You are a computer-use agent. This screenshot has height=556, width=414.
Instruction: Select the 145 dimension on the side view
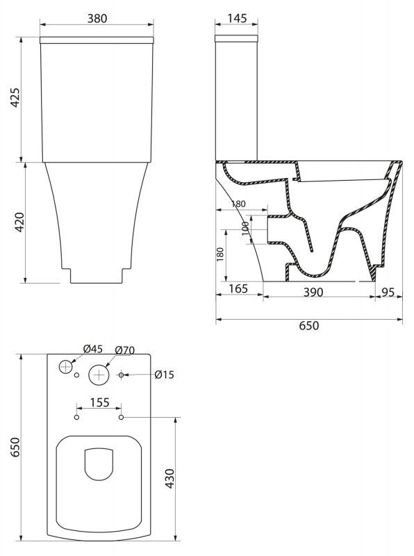tap(237, 19)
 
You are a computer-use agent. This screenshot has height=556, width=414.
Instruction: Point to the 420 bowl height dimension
tap(20, 223)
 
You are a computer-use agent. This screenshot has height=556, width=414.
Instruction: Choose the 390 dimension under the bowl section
tap(313, 293)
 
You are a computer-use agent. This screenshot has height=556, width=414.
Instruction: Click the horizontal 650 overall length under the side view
tap(308, 325)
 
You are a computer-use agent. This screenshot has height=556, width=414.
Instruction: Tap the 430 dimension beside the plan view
tap(171, 480)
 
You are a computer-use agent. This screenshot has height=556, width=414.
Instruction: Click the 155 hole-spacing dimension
tap(99, 402)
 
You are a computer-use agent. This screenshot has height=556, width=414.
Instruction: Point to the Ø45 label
tap(93, 350)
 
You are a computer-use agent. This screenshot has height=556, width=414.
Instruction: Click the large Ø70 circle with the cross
tap(99, 375)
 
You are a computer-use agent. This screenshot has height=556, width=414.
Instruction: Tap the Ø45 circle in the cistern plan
tap(65, 366)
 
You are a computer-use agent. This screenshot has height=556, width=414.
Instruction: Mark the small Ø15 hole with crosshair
tap(122, 375)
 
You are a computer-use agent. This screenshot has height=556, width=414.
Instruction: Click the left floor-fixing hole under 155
tap(76, 418)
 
